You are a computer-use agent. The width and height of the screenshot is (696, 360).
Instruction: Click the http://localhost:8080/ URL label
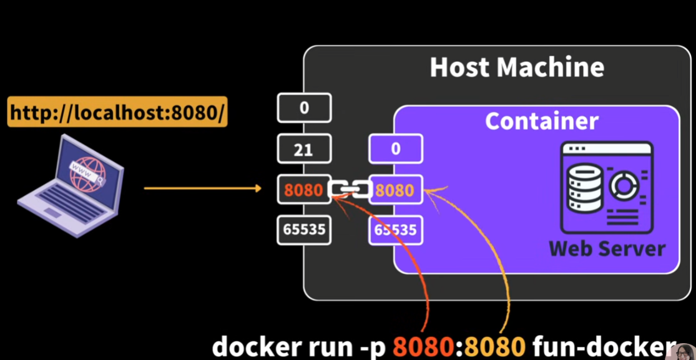[117, 113]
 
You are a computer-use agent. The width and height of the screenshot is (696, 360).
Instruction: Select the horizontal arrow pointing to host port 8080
[203, 188]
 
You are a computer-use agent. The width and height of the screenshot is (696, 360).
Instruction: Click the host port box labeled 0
[304, 108]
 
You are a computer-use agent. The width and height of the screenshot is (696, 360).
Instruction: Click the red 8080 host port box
[303, 190]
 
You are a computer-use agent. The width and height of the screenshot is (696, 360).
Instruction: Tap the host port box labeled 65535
[304, 230]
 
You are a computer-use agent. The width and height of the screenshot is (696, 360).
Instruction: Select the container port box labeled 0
[396, 150]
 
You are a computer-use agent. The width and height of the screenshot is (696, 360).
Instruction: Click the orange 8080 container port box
[395, 190]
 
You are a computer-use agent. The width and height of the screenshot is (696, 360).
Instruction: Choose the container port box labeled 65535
[395, 230]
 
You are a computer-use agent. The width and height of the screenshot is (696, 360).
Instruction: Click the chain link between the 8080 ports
[350, 190]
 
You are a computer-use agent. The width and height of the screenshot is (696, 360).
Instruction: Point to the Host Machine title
[517, 67]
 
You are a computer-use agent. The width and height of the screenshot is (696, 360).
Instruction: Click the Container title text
[542, 121]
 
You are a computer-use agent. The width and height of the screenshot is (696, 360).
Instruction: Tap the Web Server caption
[607, 248]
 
